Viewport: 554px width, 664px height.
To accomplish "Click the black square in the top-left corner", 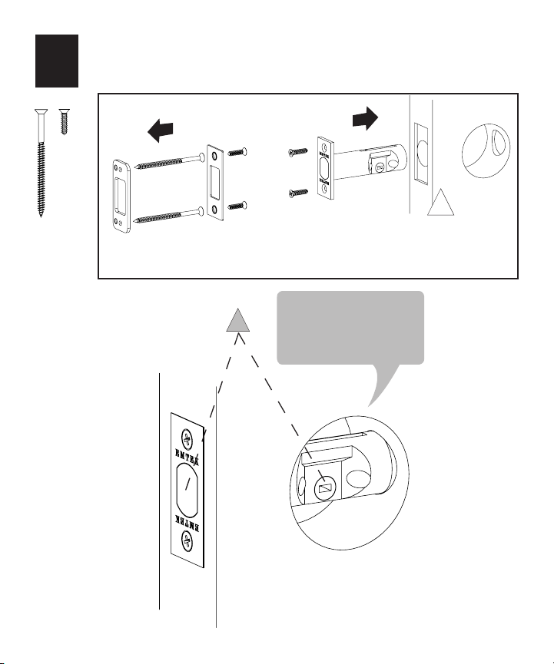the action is [57, 60].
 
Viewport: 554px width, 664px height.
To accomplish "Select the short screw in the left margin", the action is [64, 123].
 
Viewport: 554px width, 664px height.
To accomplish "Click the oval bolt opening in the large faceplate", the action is [188, 491].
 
